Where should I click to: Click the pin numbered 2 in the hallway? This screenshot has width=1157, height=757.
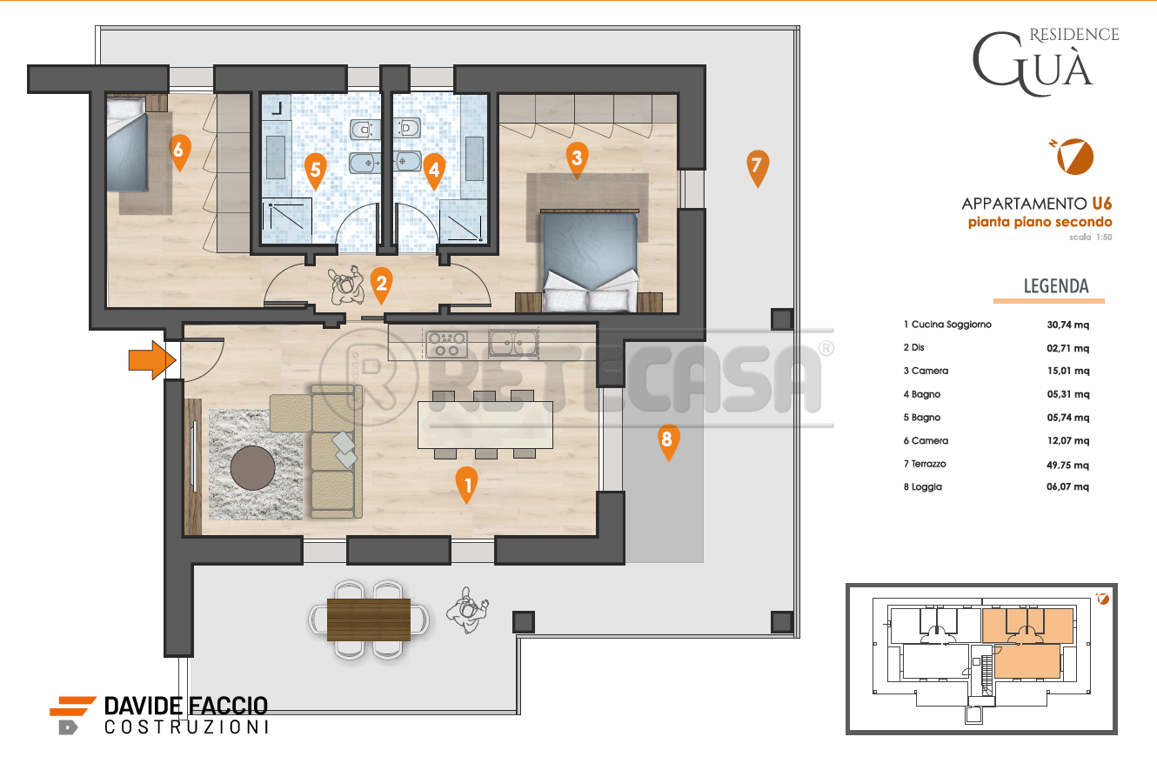(x=381, y=285)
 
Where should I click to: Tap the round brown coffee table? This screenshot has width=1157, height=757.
(x=252, y=467)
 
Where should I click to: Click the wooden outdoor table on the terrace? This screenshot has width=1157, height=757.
(x=369, y=619)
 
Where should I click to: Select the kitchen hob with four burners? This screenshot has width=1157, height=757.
(x=446, y=345)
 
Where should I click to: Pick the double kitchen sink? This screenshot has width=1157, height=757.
(x=513, y=343)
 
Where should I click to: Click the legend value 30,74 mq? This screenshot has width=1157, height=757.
(x=1067, y=325)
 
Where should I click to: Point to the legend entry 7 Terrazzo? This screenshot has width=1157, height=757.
(x=925, y=464)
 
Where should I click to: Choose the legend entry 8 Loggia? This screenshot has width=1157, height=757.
(x=922, y=486)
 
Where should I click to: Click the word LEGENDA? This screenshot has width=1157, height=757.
(x=1056, y=285)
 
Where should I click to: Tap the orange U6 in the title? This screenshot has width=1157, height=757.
(x=1101, y=204)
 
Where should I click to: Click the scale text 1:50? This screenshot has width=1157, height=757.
(x=1104, y=238)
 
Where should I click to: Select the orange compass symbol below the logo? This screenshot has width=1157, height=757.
(x=1074, y=157)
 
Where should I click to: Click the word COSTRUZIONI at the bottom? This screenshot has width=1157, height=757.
(x=186, y=727)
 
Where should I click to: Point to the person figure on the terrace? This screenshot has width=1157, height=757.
(x=467, y=610)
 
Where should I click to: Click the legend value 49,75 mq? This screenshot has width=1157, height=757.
(x=1067, y=465)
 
